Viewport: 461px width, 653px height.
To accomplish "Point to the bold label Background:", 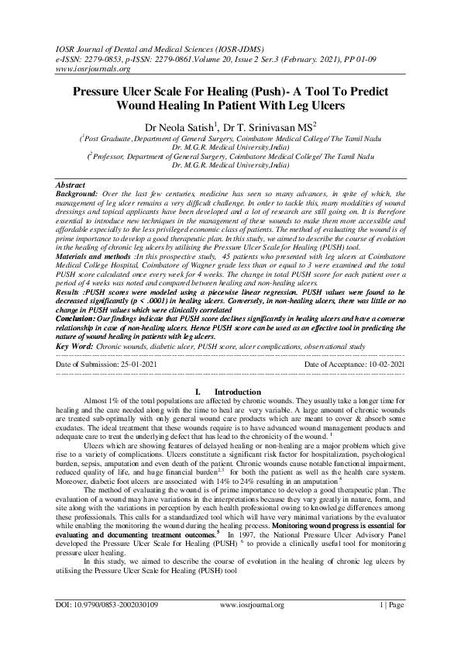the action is pos(77,194).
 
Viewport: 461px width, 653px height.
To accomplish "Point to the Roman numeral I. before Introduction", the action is pos(198,392).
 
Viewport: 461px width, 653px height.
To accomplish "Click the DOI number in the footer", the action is pos(106,624).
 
